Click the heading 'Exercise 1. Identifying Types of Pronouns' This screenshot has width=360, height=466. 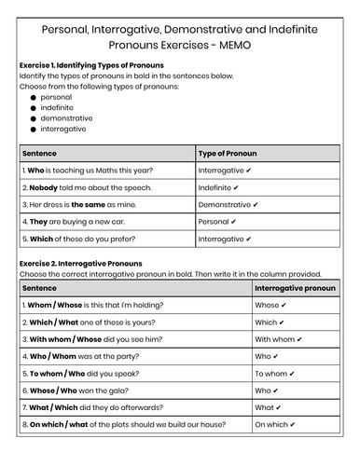click(x=91, y=66)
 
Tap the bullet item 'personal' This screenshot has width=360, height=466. click(x=56, y=96)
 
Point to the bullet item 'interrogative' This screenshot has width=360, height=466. click(x=65, y=130)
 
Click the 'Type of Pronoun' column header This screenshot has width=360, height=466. click(x=228, y=154)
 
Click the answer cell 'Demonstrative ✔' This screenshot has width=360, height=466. click(x=231, y=204)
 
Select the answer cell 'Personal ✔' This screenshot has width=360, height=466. click(x=217, y=222)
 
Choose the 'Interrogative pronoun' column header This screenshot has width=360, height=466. click(x=295, y=288)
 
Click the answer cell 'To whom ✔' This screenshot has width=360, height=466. click(x=278, y=373)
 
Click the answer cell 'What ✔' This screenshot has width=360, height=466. click(x=270, y=407)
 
